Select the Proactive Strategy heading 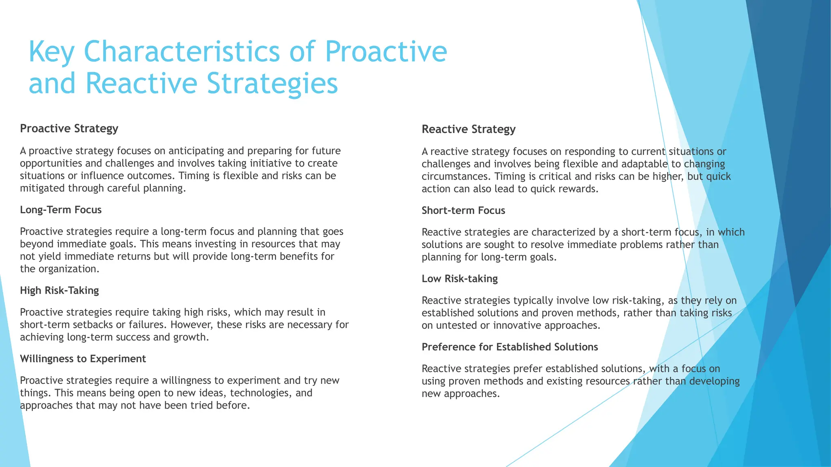[x=69, y=129]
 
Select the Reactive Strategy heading [x=468, y=129]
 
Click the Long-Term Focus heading [x=60, y=210]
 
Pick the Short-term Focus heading [x=463, y=210]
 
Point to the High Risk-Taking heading [x=59, y=290]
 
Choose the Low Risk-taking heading [x=459, y=278]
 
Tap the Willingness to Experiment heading [x=83, y=359]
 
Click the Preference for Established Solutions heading [x=510, y=347]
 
